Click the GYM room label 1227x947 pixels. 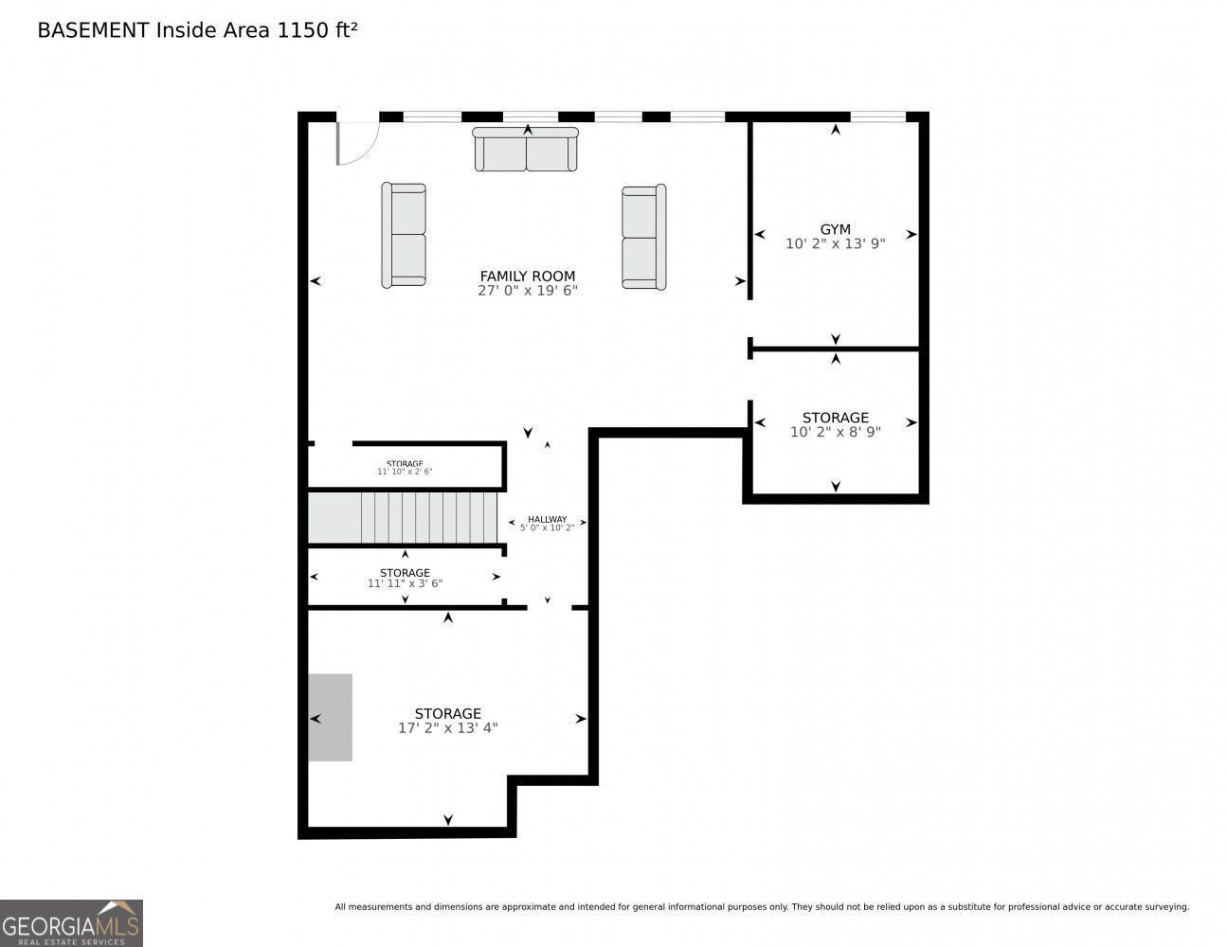pos(835,229)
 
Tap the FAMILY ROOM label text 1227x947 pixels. pos(527,276)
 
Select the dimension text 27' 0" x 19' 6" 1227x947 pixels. pos(527,290)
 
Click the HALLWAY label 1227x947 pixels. pos(547,519)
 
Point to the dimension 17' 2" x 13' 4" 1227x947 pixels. pos(447,727)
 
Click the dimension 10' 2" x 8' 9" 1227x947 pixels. pos(835,432)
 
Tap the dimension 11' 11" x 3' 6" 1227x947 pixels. pos(405,583)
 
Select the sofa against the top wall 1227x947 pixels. pos(525,149)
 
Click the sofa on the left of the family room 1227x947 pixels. pos(404,235)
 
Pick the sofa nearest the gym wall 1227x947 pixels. pos(643,237)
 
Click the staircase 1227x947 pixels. pos(402,517)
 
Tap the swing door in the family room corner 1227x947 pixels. pos(357,143)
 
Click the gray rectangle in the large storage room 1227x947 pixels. pos(330,717)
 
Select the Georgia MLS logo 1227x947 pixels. pos(71,922)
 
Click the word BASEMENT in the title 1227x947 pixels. pos(93,30)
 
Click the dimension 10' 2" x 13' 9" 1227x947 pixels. pos(835,243)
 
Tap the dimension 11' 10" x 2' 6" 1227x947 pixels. pos(405,472)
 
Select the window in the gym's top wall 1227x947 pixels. pos(877,116)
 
